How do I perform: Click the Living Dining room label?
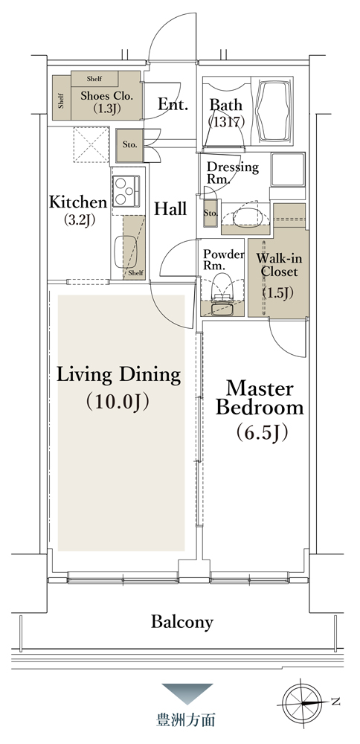118,388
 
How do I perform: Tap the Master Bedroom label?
260,410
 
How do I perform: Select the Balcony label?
182,621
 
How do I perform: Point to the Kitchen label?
78,210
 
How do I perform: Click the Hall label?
170,208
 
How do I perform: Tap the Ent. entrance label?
173,103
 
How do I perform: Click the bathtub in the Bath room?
274,111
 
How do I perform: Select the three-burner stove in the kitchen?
126,191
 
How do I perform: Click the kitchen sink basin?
126,251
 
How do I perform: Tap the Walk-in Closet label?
277,277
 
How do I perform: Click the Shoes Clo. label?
106,101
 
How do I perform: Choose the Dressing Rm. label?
232,173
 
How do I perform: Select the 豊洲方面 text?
186,719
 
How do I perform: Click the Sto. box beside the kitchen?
129,145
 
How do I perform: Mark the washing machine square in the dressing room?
288,170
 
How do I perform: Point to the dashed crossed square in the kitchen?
91,145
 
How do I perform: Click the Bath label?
226,113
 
